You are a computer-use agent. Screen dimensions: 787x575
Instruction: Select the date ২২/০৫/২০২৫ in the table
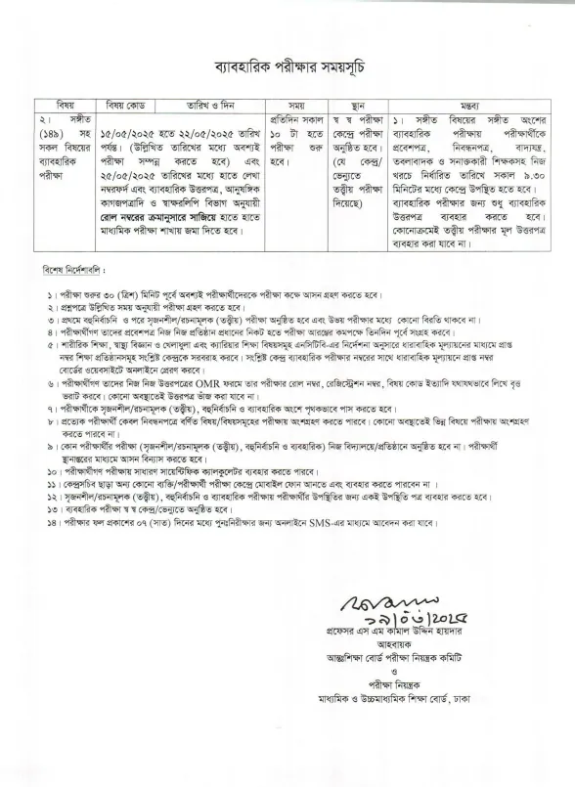pos(190,134)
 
